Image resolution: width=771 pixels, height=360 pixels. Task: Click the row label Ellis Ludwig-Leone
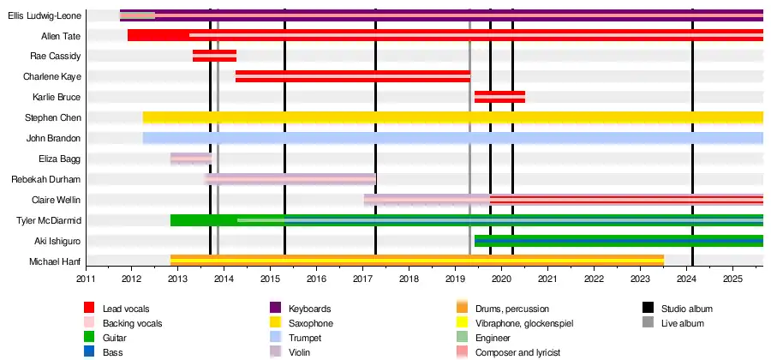point(44,15)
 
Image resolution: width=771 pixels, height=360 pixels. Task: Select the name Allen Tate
point(61,36)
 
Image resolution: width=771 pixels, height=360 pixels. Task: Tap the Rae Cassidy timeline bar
point(214,56)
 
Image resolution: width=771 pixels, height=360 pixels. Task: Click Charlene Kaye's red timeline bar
point(352,76)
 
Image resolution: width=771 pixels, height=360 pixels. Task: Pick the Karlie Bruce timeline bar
point(499,97)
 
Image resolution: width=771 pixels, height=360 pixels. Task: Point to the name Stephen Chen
point(53,117)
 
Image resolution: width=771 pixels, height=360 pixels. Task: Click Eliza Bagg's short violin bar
point(190,159)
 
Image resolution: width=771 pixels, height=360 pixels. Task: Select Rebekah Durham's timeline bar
point(290,179)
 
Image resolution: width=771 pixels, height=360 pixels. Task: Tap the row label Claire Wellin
point(57,200)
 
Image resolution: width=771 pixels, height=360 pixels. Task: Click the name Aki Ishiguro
point(58,241)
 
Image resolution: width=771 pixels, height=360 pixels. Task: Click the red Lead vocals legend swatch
point(89,309)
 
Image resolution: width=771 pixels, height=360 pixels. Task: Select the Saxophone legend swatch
point(275,323)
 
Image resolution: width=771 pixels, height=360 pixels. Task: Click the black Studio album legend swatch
point(647,309)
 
